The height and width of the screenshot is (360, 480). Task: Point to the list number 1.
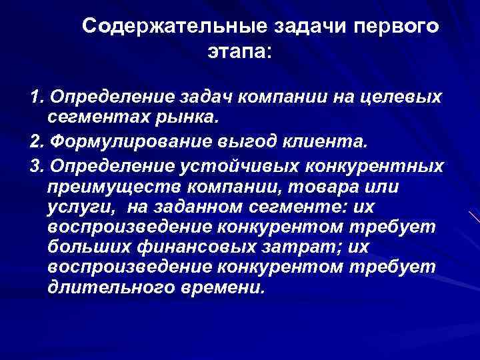coord(36,99)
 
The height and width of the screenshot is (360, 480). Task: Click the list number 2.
coord(36,141)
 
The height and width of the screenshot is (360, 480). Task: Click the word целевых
coord(406,99)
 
